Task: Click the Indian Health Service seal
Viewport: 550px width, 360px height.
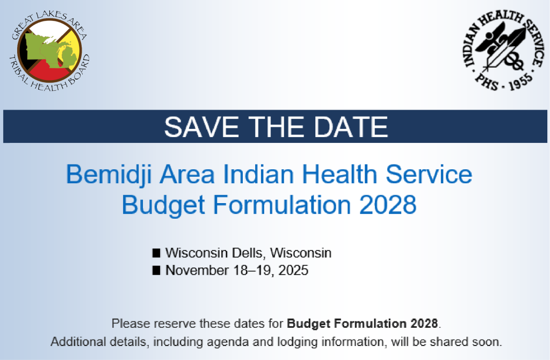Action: (504, 51)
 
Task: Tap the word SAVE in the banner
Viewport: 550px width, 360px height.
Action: (201, 127)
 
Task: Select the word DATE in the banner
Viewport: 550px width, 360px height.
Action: (351, 127)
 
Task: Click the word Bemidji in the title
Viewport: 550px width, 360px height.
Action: (109, 175)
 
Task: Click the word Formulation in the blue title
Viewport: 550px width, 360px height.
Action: (282, 205)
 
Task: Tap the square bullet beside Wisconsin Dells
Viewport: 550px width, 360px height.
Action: (156, 253)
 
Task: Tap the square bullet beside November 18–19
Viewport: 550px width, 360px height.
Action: (156, 270)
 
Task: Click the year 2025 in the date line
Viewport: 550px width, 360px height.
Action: (293, 270)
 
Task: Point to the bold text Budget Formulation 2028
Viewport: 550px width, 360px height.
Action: (363, 323)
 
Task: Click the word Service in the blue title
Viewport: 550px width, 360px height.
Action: (429, 175)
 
